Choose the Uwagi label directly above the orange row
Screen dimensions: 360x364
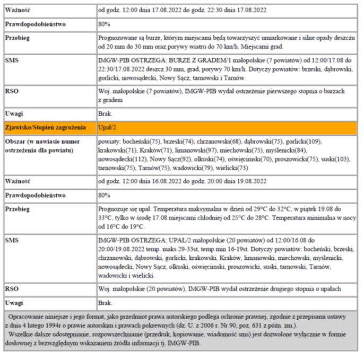point(15,113)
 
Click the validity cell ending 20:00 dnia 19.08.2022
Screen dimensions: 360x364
point(182,181)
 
